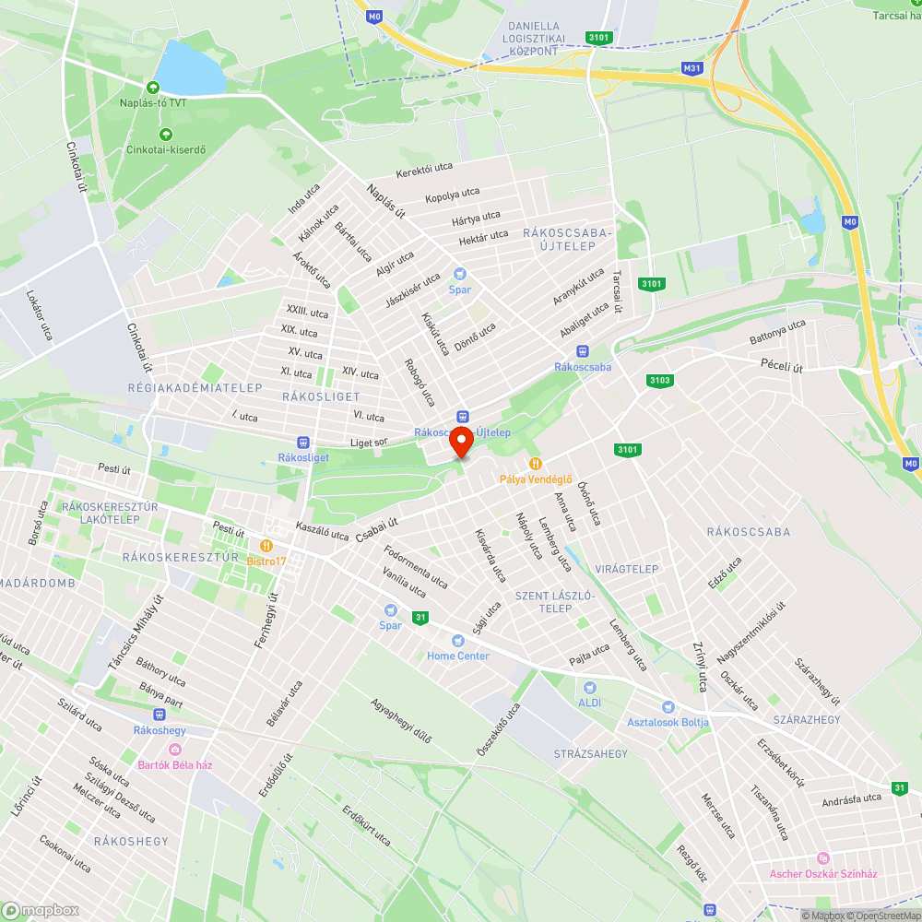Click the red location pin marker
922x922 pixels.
click(461, 443)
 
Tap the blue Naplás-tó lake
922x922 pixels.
click(189, 70)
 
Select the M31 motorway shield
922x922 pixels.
click(692, 68)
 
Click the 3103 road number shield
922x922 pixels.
click(660, 380)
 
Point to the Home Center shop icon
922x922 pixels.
click(457, 641)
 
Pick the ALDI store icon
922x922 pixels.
click(590, 687)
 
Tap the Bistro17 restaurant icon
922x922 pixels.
click(266, 545)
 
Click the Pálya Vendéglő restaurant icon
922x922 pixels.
click(535, 463)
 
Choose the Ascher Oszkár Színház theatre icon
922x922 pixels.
click(823, 858)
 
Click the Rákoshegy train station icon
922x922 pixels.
click(160, 715)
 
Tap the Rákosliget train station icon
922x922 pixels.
click(302, 443)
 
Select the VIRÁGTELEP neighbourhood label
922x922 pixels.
click(627, 569)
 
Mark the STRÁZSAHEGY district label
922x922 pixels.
click(590, 754)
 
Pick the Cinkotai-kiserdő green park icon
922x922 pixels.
click(166, 135)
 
